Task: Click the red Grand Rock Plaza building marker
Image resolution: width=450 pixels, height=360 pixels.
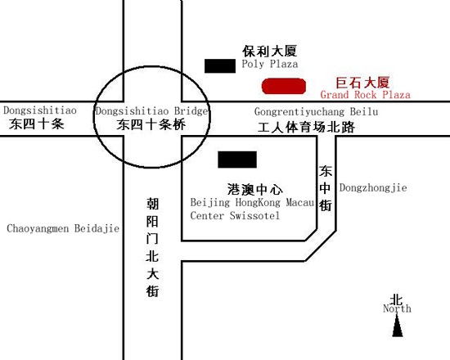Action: (x=284, y=86)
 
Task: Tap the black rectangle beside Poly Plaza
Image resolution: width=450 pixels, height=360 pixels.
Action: (x=220, y=65)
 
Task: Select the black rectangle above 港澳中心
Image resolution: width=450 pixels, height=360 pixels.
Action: (x=237, y=160)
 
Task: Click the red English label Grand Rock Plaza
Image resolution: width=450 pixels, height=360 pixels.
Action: (x=365, y=94)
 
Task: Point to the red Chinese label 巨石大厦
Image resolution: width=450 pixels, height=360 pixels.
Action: (x=362, y=83)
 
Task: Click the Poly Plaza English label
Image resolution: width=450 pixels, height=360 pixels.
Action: (x=270, y=64)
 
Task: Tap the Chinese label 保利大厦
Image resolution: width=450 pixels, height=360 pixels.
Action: (x=269, y=51)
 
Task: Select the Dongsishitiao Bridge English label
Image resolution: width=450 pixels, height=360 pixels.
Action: (x=152, y=110)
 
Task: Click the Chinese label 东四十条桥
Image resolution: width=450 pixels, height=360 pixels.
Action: (x=151, y=124)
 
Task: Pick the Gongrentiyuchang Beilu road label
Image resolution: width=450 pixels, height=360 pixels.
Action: (x=316, y=111)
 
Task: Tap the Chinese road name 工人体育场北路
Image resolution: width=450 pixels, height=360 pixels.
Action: (x=306, y=127)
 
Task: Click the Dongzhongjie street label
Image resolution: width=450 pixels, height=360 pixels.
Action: (x=373, y=187)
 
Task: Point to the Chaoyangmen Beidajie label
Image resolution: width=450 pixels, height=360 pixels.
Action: (x=63, y=228)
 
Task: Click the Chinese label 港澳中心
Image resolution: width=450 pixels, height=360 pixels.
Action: (x=254, y=190)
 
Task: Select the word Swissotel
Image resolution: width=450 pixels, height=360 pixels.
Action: (x=254, y=215)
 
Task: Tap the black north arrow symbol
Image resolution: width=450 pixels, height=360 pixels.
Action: (x=398, y=326)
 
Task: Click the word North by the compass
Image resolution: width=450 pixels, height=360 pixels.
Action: (x=397, y=308)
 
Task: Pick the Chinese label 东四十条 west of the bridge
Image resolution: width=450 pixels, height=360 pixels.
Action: (x=36, y=124)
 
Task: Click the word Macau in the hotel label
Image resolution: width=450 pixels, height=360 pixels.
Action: (x=300, y=202)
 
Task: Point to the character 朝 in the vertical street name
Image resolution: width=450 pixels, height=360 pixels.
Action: (x=152, y=204)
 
